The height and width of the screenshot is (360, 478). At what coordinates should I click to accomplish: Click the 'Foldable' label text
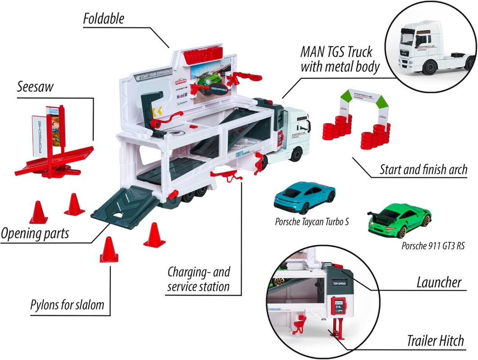click(103, 18)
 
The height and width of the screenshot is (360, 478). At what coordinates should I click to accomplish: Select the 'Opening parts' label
click(34, 234)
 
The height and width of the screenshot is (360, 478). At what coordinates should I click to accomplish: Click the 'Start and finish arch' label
click(423, 170)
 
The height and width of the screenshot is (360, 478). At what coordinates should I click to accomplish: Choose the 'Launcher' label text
click(438, 282)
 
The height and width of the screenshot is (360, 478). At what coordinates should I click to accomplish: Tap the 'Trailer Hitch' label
click(435, 341)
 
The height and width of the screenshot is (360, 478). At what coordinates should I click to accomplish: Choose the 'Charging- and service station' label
click(198, 279)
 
